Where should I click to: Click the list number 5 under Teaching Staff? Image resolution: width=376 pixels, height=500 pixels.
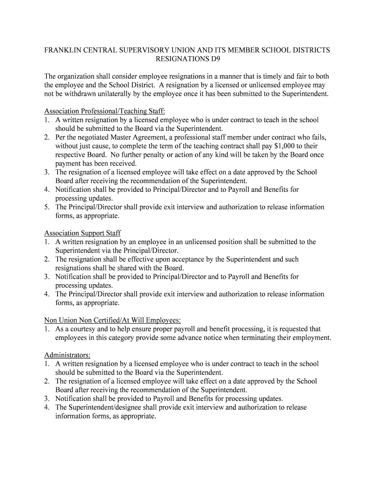[x=46, y=207]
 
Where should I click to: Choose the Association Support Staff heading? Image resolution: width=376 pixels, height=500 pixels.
[x=83, y=233]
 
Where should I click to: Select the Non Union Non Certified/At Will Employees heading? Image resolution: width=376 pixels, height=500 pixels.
[x=112, y=320]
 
